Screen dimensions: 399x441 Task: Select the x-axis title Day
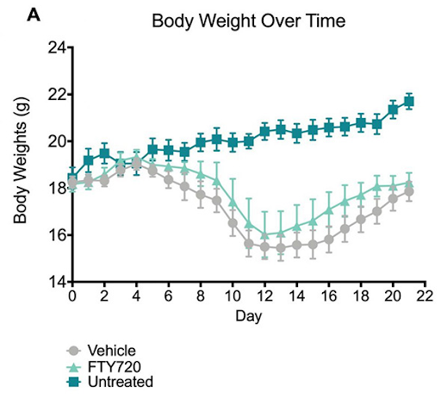tap(248, 316)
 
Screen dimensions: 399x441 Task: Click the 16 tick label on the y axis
tap(56, 235)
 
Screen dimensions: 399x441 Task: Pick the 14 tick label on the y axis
tap(56, 282)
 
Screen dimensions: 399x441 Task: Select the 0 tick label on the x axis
tap(72, 296)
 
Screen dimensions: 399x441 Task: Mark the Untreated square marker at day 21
tap(409, 102)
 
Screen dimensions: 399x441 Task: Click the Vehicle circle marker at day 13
tap(281, 248)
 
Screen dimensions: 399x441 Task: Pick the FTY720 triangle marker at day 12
tap(264, 234)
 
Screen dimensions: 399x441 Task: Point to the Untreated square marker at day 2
tap(104, 153)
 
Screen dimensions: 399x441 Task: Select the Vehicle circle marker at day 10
tap(233, 223)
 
